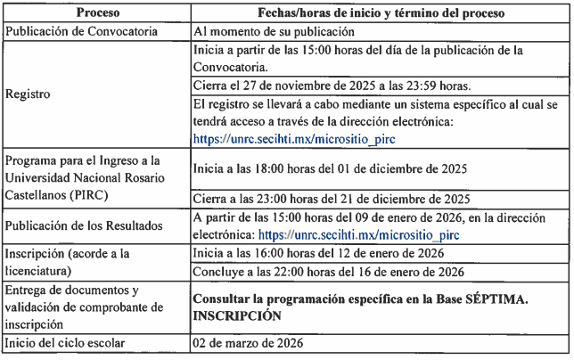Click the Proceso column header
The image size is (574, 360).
[x=97, y=13]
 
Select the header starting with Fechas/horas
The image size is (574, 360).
[x=381, y=13]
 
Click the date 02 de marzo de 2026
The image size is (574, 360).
[x=249, y=343]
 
